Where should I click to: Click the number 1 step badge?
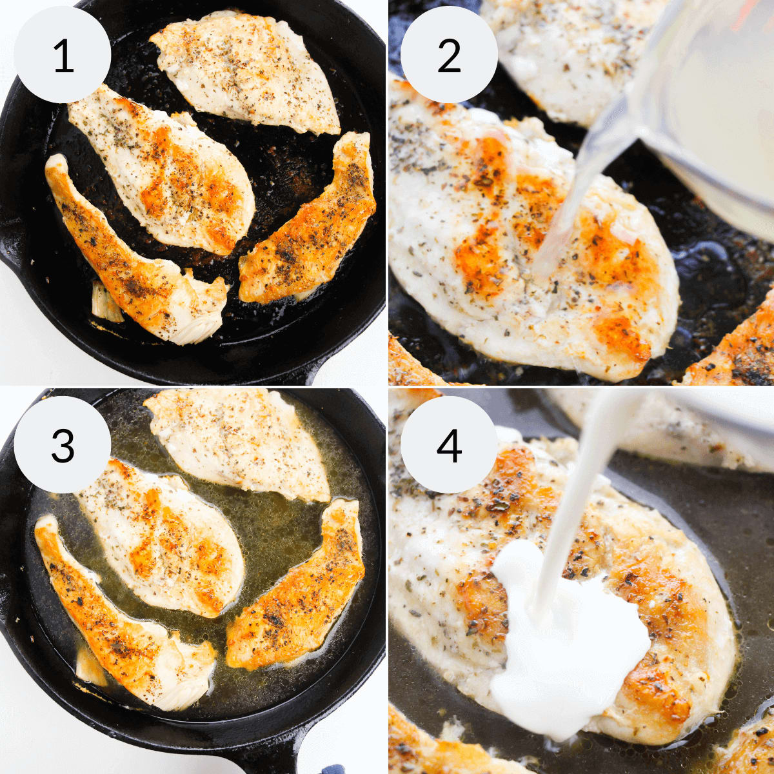63,54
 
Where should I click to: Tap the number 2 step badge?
449,54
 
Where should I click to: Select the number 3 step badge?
63,444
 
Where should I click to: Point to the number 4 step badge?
449,444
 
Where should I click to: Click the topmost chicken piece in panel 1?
245,72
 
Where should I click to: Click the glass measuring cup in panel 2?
683,101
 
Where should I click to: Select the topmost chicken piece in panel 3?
237,444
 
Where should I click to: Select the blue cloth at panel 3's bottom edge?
317,765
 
